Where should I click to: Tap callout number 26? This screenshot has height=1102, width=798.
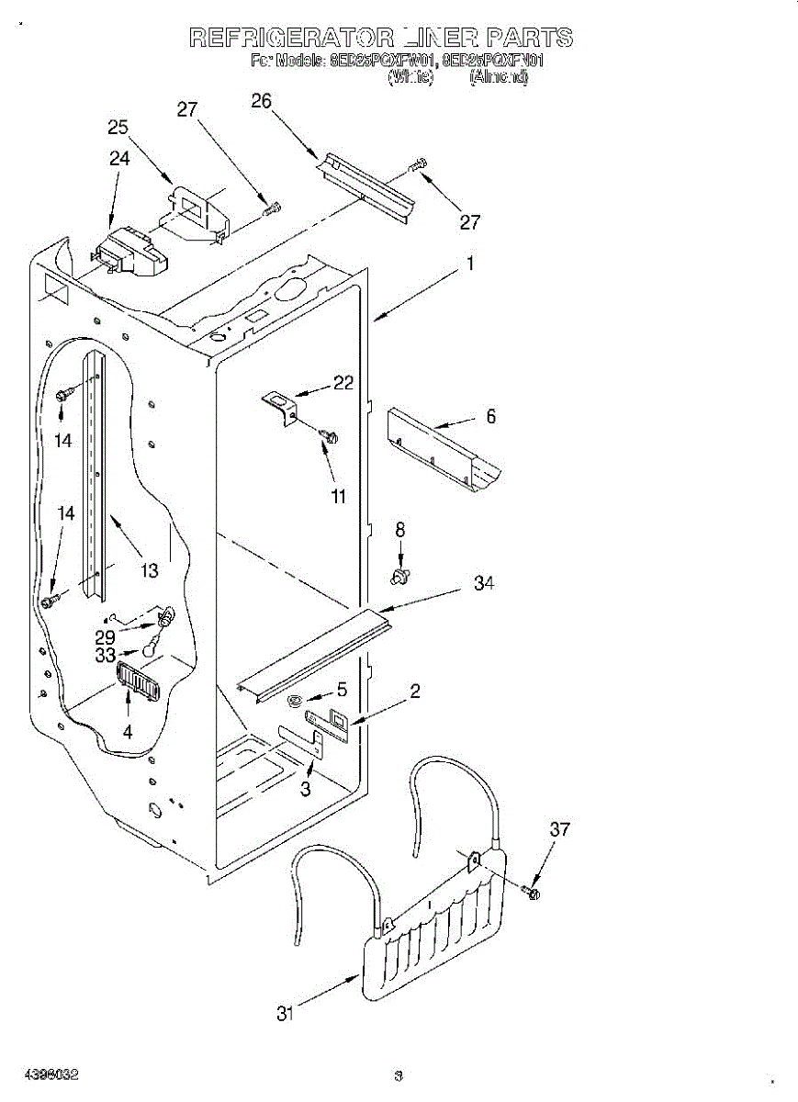point(262,101)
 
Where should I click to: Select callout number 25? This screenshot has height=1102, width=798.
point(118,128)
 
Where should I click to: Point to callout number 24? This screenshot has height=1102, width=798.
point(119,158)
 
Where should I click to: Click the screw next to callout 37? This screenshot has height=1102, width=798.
point(532,891)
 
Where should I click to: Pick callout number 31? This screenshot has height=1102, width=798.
point(287,1014)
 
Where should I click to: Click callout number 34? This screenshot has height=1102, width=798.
point(484,583)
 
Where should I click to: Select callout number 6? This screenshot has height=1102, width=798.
point(490,417)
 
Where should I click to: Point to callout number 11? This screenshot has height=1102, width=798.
point(339,497)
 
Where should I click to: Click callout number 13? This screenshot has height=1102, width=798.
point(150,570)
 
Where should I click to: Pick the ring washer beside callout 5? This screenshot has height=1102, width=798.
point(293,703)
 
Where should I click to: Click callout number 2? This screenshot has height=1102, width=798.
point(414,691)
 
